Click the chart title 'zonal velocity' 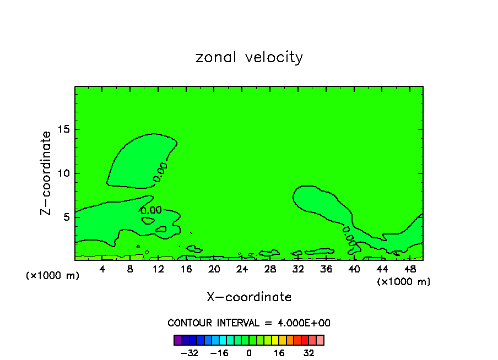tap(249, 57)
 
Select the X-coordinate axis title tap(249, 297)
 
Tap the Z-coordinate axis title tap(46, 173)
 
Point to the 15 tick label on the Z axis tap(64, 129)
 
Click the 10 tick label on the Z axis tap(64, 173)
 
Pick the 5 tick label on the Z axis tap(67, 217)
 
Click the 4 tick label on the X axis tap(102, 269)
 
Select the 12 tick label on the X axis tap(158, 269)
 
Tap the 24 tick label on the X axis tap(242, 269)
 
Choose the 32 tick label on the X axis tap(298, 269)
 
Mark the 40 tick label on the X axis tap(354, 269)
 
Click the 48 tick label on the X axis tap(409, 269)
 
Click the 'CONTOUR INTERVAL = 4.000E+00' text tap(249, 323)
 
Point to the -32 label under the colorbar tap(190, 353)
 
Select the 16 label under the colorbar tap(279, 353)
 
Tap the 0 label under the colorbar tap(249, 353)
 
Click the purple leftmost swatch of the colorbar tap(178, 340)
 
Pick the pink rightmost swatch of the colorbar tap(320, 340)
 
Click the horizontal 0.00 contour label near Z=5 tap(151, 210)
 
